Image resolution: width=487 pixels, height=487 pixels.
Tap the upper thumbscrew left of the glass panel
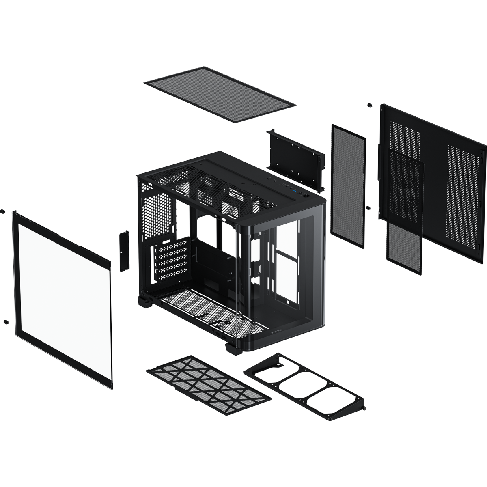[4, 212]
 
